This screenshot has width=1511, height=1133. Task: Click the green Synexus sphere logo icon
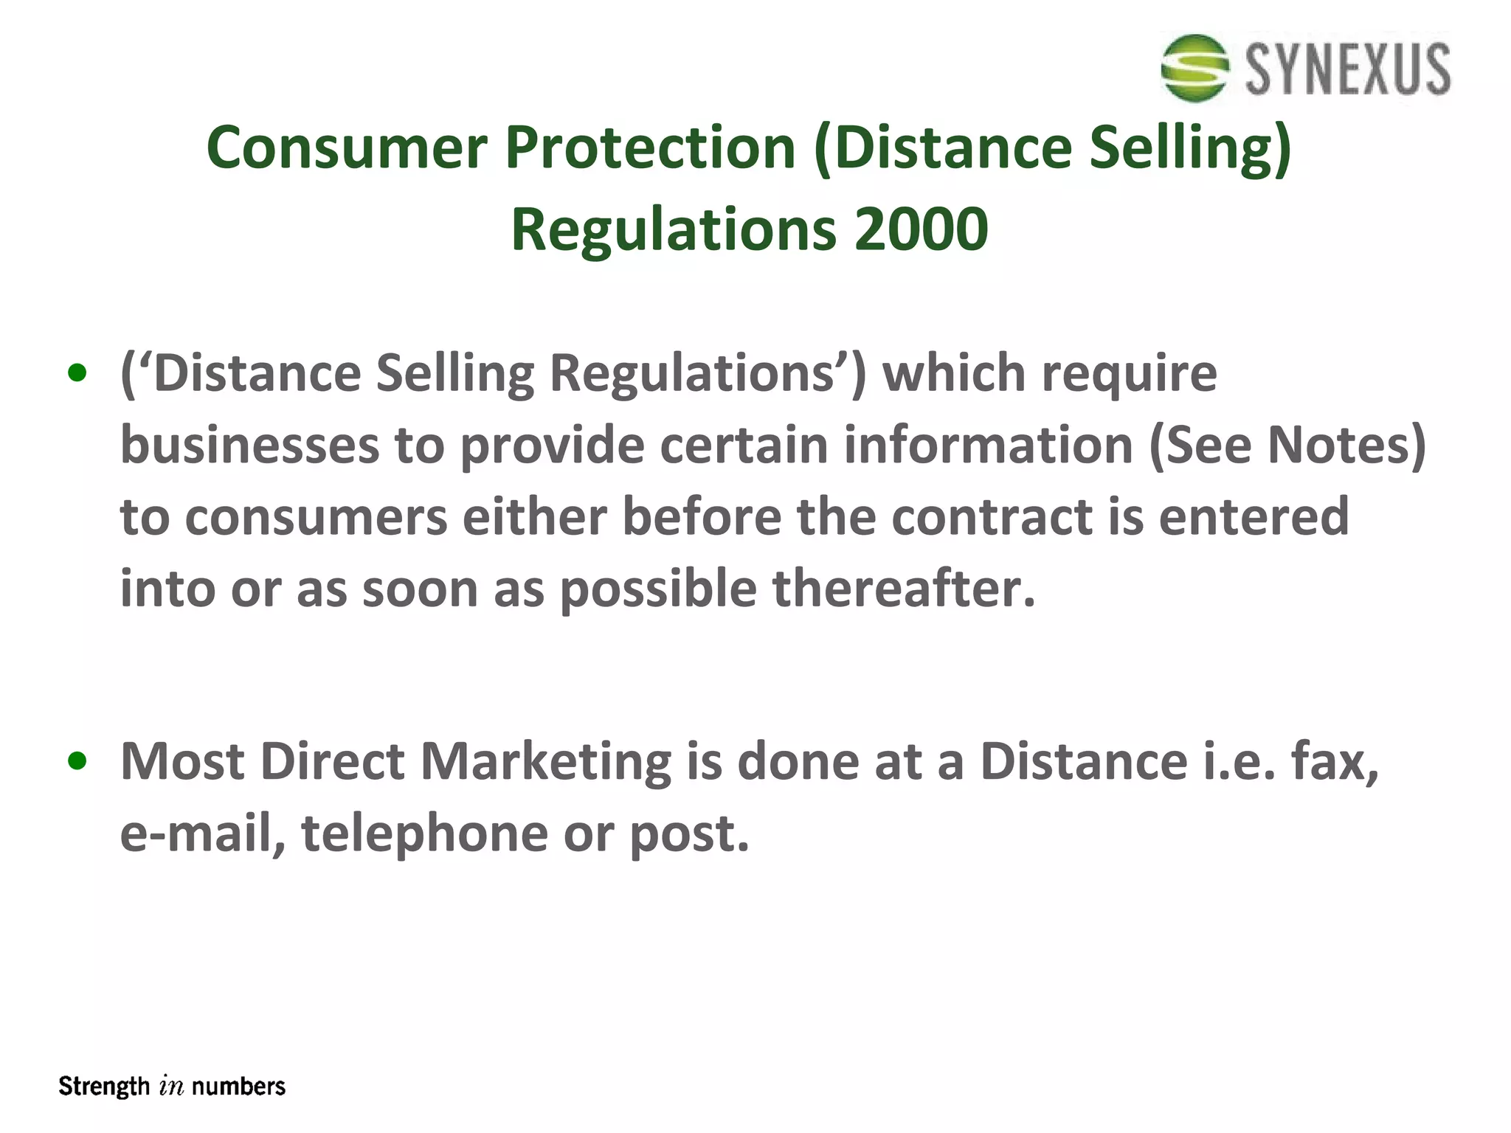click(x=1194, y=68)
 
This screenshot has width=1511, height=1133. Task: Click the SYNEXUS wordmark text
click(x=1348, y=69)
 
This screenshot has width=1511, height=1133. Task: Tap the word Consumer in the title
click(x=347, y=148)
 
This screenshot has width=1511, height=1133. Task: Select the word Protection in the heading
click(x=650, y=148)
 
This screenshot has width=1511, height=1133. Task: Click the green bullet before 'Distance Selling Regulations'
click(x=77, y=373)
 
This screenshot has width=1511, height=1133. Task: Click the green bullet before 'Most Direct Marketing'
click(x=77, y=760)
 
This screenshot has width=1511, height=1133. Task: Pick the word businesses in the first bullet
click(x=249, y=446)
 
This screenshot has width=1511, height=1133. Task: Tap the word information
click(x=989, y=446)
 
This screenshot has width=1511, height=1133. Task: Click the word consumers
click(x=316, y=517)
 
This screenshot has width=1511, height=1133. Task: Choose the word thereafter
click(x=905, y=589)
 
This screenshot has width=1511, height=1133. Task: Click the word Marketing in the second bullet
click(x=546, y=760)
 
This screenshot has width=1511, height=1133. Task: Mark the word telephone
click(x=424, y=833)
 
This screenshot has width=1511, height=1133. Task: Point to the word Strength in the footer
click(x=104, y=1087)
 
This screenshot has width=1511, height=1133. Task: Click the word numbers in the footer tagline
click(x=238, y=1087)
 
